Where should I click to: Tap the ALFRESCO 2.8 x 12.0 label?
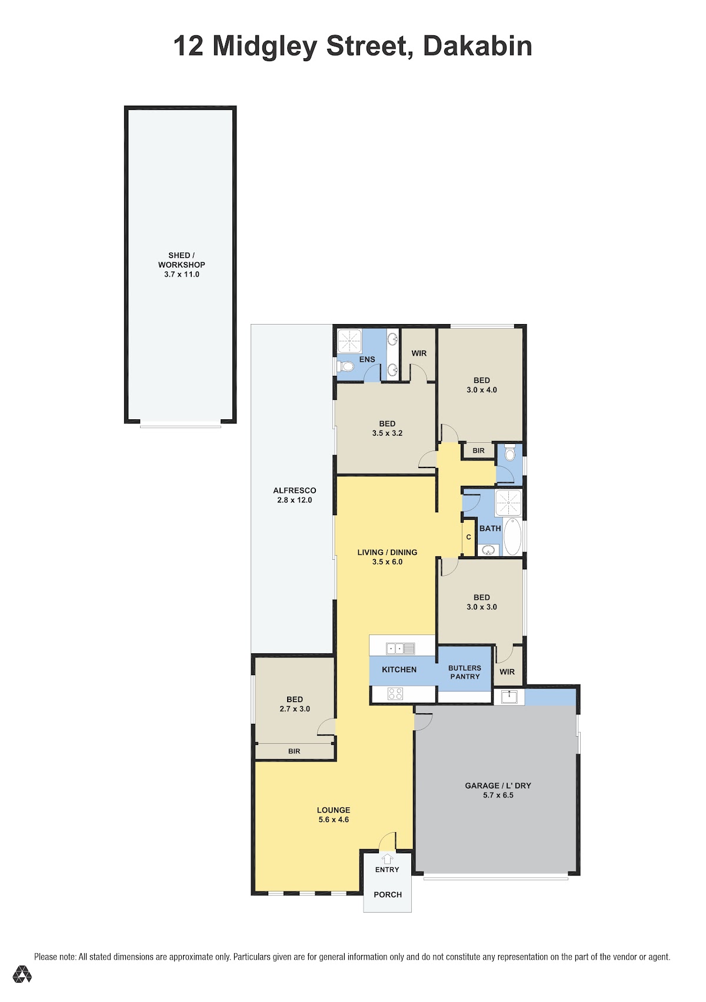[295, 495]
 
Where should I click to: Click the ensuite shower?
[349, 341]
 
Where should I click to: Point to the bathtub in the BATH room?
[512, 536]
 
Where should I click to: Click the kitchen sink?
[401, 648]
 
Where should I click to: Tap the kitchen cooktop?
[395, 693]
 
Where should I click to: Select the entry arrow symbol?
[387, 859]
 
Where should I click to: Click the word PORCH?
[388, 894]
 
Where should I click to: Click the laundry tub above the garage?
[509, 697]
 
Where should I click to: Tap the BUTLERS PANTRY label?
[465, 672]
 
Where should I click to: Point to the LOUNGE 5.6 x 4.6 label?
[334, 814]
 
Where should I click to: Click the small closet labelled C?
[469, 537]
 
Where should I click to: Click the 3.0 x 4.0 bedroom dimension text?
[482, 390]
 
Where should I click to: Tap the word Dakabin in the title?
[478, 46]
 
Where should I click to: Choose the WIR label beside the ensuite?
[419, 353]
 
